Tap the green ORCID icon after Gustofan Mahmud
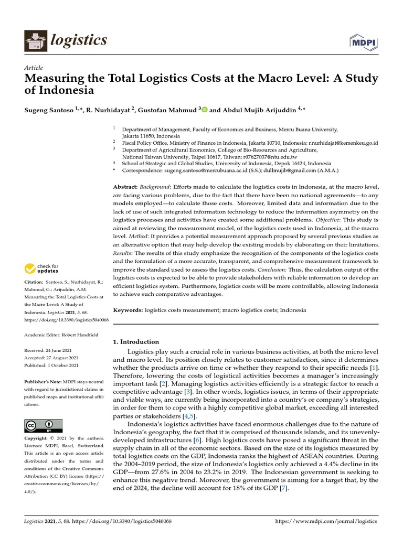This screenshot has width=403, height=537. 204,110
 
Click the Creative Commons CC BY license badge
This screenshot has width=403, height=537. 43,425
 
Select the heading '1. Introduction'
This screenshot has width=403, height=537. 136,341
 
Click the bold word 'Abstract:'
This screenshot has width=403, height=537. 125,187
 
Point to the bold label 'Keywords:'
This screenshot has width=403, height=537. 128,310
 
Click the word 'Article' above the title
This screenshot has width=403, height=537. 34,68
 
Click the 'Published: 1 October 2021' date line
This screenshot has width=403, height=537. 52,366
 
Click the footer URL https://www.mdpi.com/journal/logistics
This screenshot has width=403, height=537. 326,522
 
